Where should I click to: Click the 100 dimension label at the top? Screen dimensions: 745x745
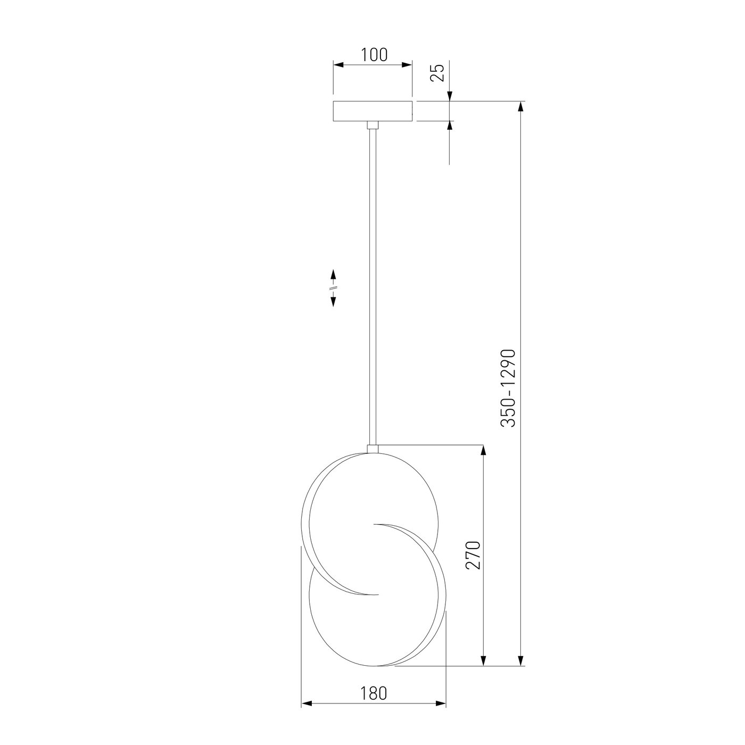pyautogui.click(x=374, y=55)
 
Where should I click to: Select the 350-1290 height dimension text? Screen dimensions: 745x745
pyautogui.click(x=508, y=388)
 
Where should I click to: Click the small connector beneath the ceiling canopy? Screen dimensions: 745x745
pyautogui.click(x=372, y=125)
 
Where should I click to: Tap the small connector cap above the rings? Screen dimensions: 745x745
pyautogui.click(x=372, y=449)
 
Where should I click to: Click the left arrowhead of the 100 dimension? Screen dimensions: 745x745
pyautogui.click(x=338, y=64)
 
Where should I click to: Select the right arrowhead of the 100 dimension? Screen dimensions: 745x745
pyautogui.click(x=407, y=64)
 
